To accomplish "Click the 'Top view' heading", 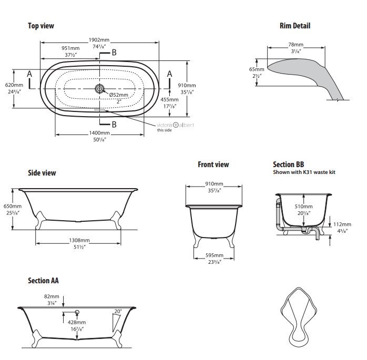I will (40, 26).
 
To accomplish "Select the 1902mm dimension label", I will (99, 40).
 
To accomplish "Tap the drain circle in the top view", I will (99, 89).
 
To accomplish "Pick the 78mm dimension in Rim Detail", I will (295, 45).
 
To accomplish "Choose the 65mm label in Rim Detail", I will (256, 69).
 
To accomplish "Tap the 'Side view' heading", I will (42, 173).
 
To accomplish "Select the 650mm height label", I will (13, 206).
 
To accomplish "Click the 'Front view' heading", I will (213, 164).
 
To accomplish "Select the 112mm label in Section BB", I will (342, 224).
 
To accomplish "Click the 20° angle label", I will (117, 312).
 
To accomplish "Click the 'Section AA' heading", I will (43, 281).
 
